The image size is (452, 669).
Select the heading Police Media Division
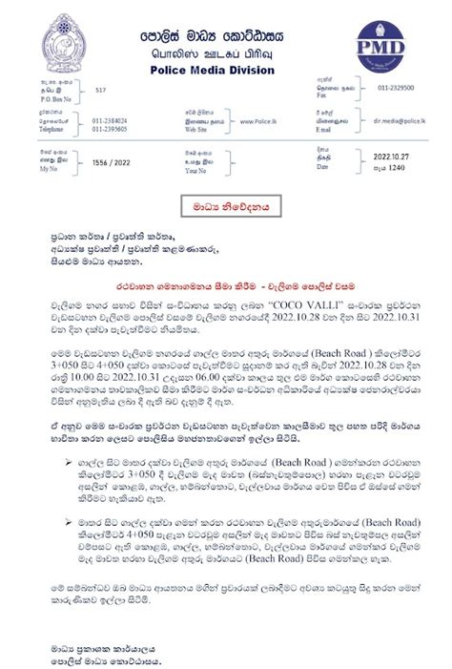coord(226,71)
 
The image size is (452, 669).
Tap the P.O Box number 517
coord(101,113)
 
